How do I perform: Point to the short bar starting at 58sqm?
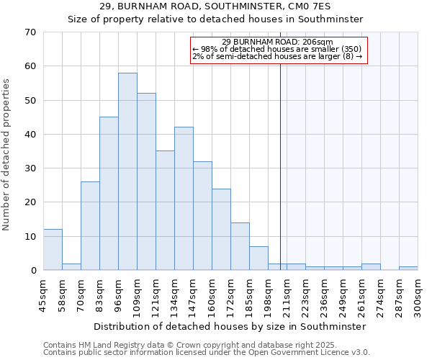click(71, 266)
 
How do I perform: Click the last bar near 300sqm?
click(408, 268)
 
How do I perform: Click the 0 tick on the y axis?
click(33, 271)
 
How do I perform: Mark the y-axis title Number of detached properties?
click(7, 155)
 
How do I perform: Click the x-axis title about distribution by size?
click(230, 326)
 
